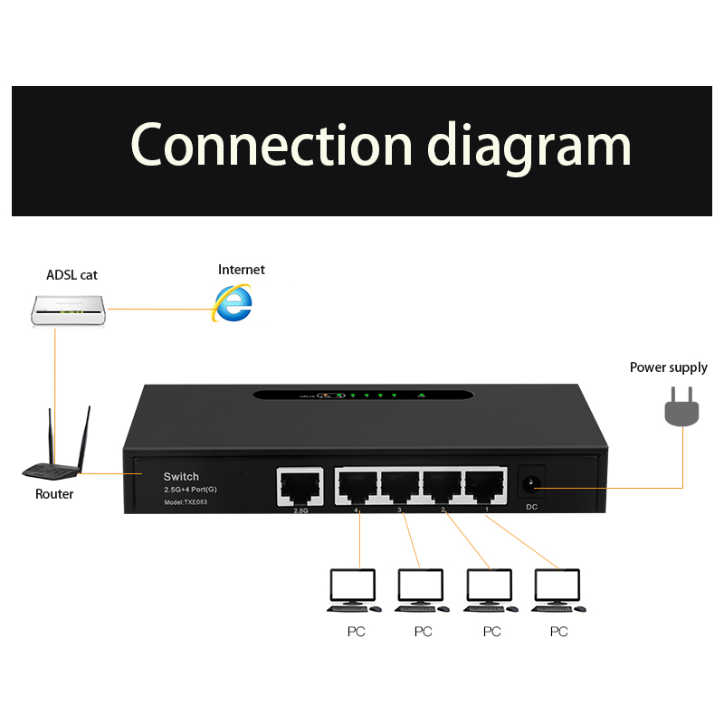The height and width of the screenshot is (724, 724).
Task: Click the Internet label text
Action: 242,270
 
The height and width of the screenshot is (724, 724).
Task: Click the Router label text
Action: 54,494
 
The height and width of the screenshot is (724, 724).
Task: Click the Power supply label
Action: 669,367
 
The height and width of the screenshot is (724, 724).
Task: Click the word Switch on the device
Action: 181,476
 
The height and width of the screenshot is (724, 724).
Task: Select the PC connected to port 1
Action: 558,590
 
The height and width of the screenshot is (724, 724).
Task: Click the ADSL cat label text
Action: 71,274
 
